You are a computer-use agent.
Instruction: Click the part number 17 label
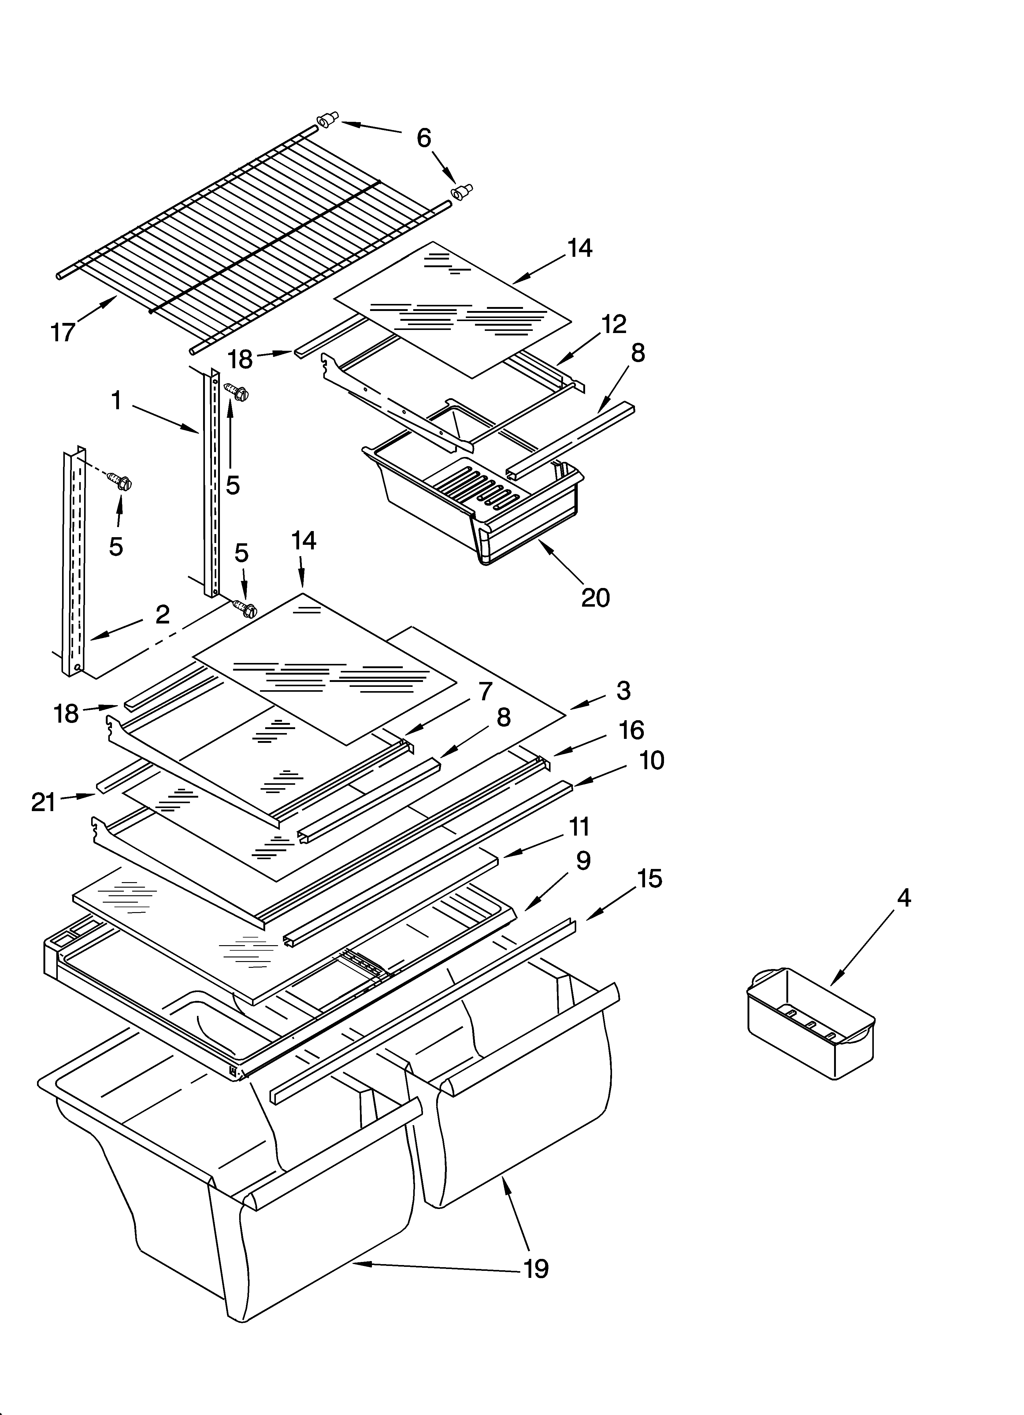pos(63,332)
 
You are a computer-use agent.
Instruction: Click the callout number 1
pos(117,400)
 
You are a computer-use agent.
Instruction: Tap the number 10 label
pos(652,760)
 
